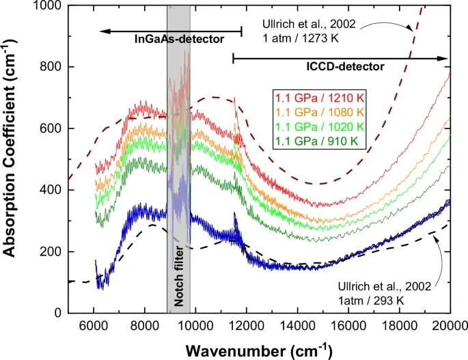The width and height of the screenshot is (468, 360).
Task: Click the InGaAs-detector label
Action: click(x=178, y=40)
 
